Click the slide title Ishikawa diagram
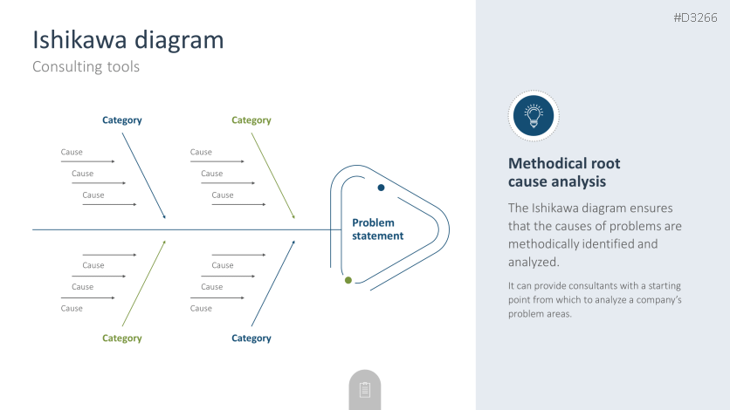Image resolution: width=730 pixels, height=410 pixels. (127, 40)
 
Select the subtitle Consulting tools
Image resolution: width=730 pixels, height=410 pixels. (86, 66)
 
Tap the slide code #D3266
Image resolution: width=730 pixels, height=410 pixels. (696, 17)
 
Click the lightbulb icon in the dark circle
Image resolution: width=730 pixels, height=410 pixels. (534, 115)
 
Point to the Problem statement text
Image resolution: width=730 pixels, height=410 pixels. (377, 229)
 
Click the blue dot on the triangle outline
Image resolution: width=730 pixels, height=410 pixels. (381, 188)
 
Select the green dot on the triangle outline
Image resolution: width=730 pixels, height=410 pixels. (348, 280)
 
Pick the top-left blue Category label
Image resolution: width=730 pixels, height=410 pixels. (121, 120)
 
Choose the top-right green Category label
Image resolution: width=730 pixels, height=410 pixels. (251, 120)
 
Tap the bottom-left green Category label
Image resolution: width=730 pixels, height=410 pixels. (121, 338)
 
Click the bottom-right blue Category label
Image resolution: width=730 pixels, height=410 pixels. (251, 338)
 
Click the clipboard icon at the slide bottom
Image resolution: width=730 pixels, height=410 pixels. (365, 390)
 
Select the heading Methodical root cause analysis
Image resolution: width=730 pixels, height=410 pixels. (564, 173)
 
